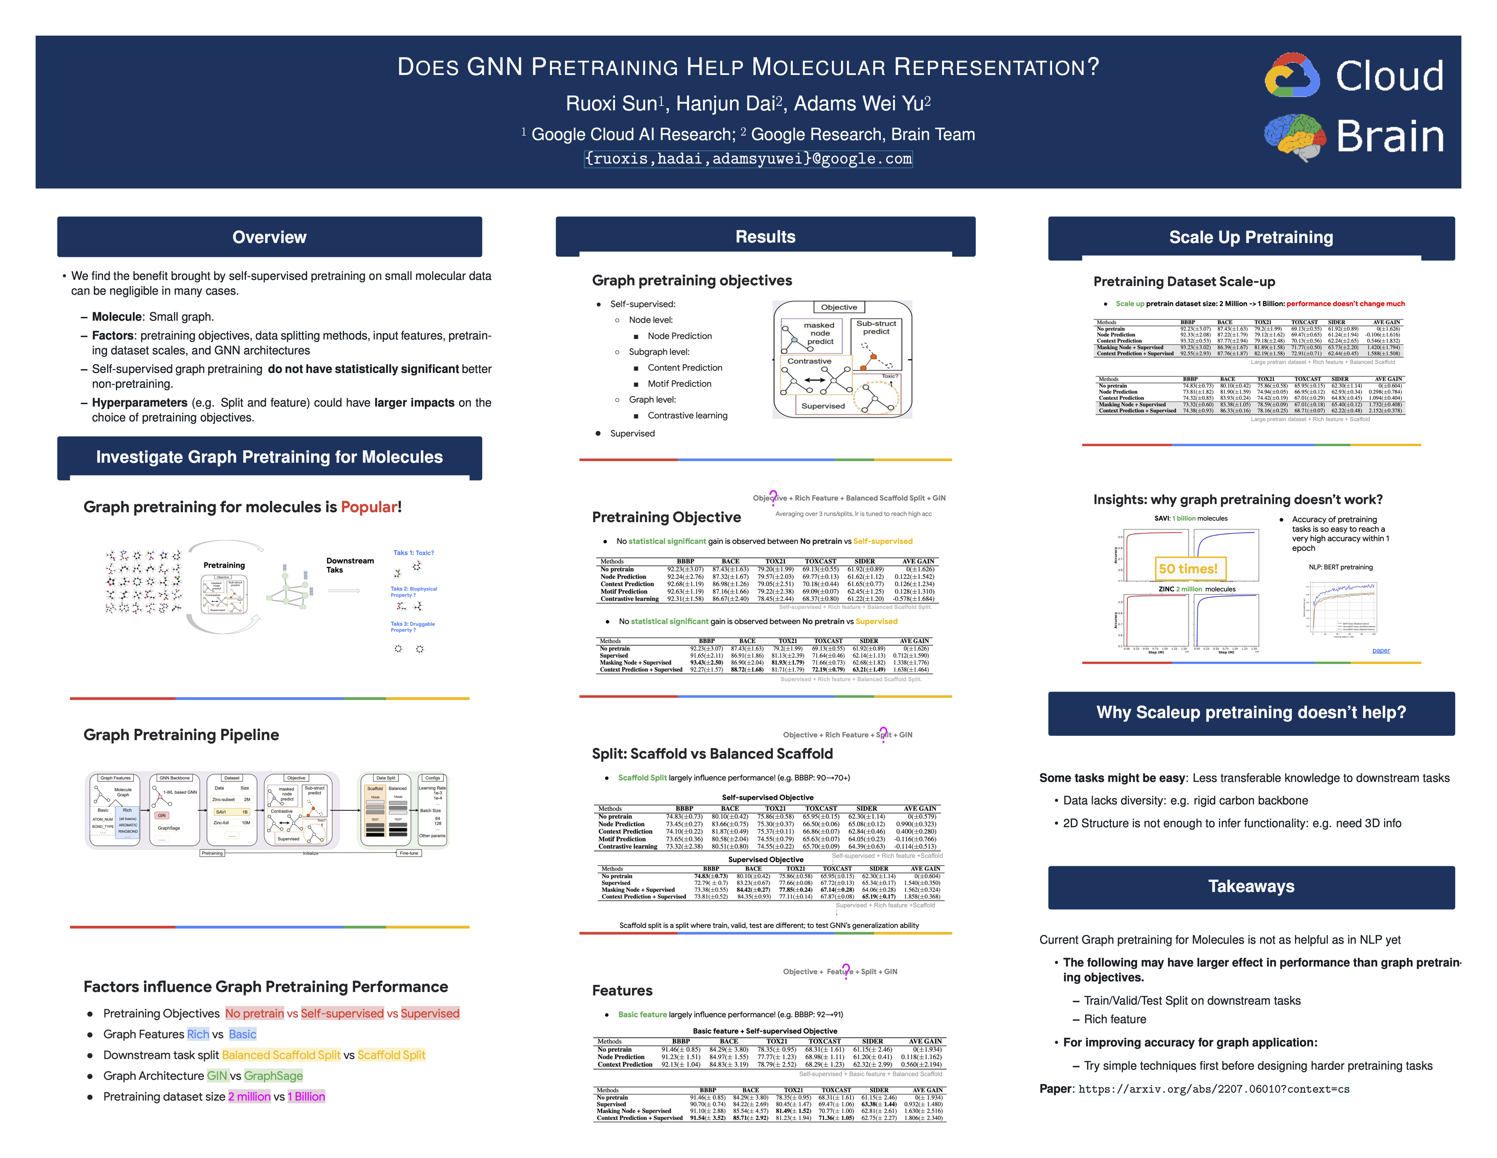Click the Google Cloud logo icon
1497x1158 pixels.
(1291, 75)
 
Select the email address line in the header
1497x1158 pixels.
(748, 159)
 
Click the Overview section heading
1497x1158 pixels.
(269, 237)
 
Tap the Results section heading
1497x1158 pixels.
(765, 237)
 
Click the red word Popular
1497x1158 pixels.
(369, 507)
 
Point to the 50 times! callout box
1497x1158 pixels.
(1188, 569)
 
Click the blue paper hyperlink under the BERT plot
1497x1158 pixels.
(1380, 650)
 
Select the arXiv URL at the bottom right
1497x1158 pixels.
(1213, 1089)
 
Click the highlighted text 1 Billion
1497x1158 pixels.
(306, 1096)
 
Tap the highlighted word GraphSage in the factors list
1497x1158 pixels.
(273, 1076)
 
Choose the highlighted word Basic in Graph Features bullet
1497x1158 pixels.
(243, 1034)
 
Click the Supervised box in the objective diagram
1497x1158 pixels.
(823, 406)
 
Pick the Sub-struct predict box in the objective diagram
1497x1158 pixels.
(876, 328)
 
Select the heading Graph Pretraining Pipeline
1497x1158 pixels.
(181, 735)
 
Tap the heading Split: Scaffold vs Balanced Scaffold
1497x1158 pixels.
(712, 754)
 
